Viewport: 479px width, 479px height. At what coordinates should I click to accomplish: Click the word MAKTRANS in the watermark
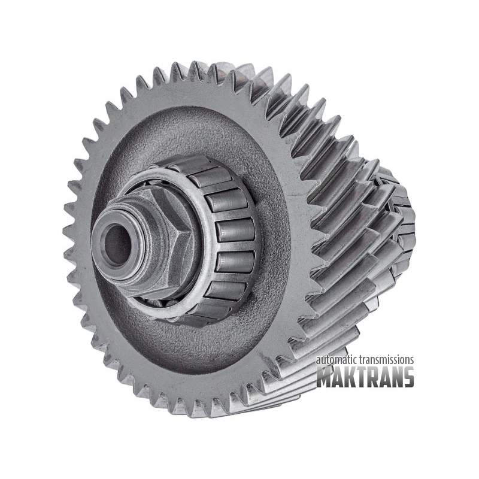click(x=365, y=377)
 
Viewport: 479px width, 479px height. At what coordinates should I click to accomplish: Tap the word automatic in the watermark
click(x=336, y=360)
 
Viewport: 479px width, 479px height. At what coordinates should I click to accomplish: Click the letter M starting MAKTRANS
click(x=325, y=377)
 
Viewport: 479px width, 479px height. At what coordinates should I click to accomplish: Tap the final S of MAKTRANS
click(x=408, y=377)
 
